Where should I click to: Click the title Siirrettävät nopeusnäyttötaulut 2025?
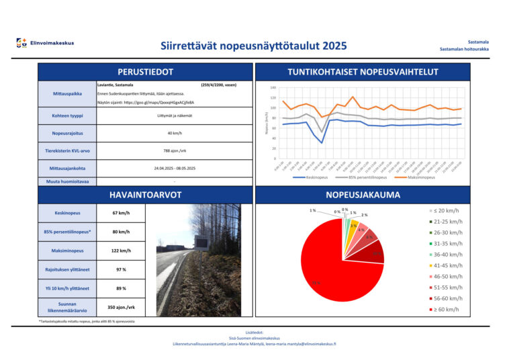(254, 46)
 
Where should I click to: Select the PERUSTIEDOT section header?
(146, 72)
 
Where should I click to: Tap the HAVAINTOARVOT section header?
(146, 195)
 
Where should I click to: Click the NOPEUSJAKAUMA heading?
(363, 195)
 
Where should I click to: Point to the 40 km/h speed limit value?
(174, 133)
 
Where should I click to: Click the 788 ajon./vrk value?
(174, 150)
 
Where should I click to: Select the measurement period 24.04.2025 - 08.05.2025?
(174, 168)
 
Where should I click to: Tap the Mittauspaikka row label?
(66, 94)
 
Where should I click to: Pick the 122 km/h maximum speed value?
(121, 251)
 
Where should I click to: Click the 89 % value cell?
(121, 288)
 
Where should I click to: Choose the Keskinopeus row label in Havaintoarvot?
(66, 214)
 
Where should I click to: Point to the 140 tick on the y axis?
(273, 88)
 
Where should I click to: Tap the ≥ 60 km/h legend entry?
(446, 309)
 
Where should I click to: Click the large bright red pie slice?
(336, 269)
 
